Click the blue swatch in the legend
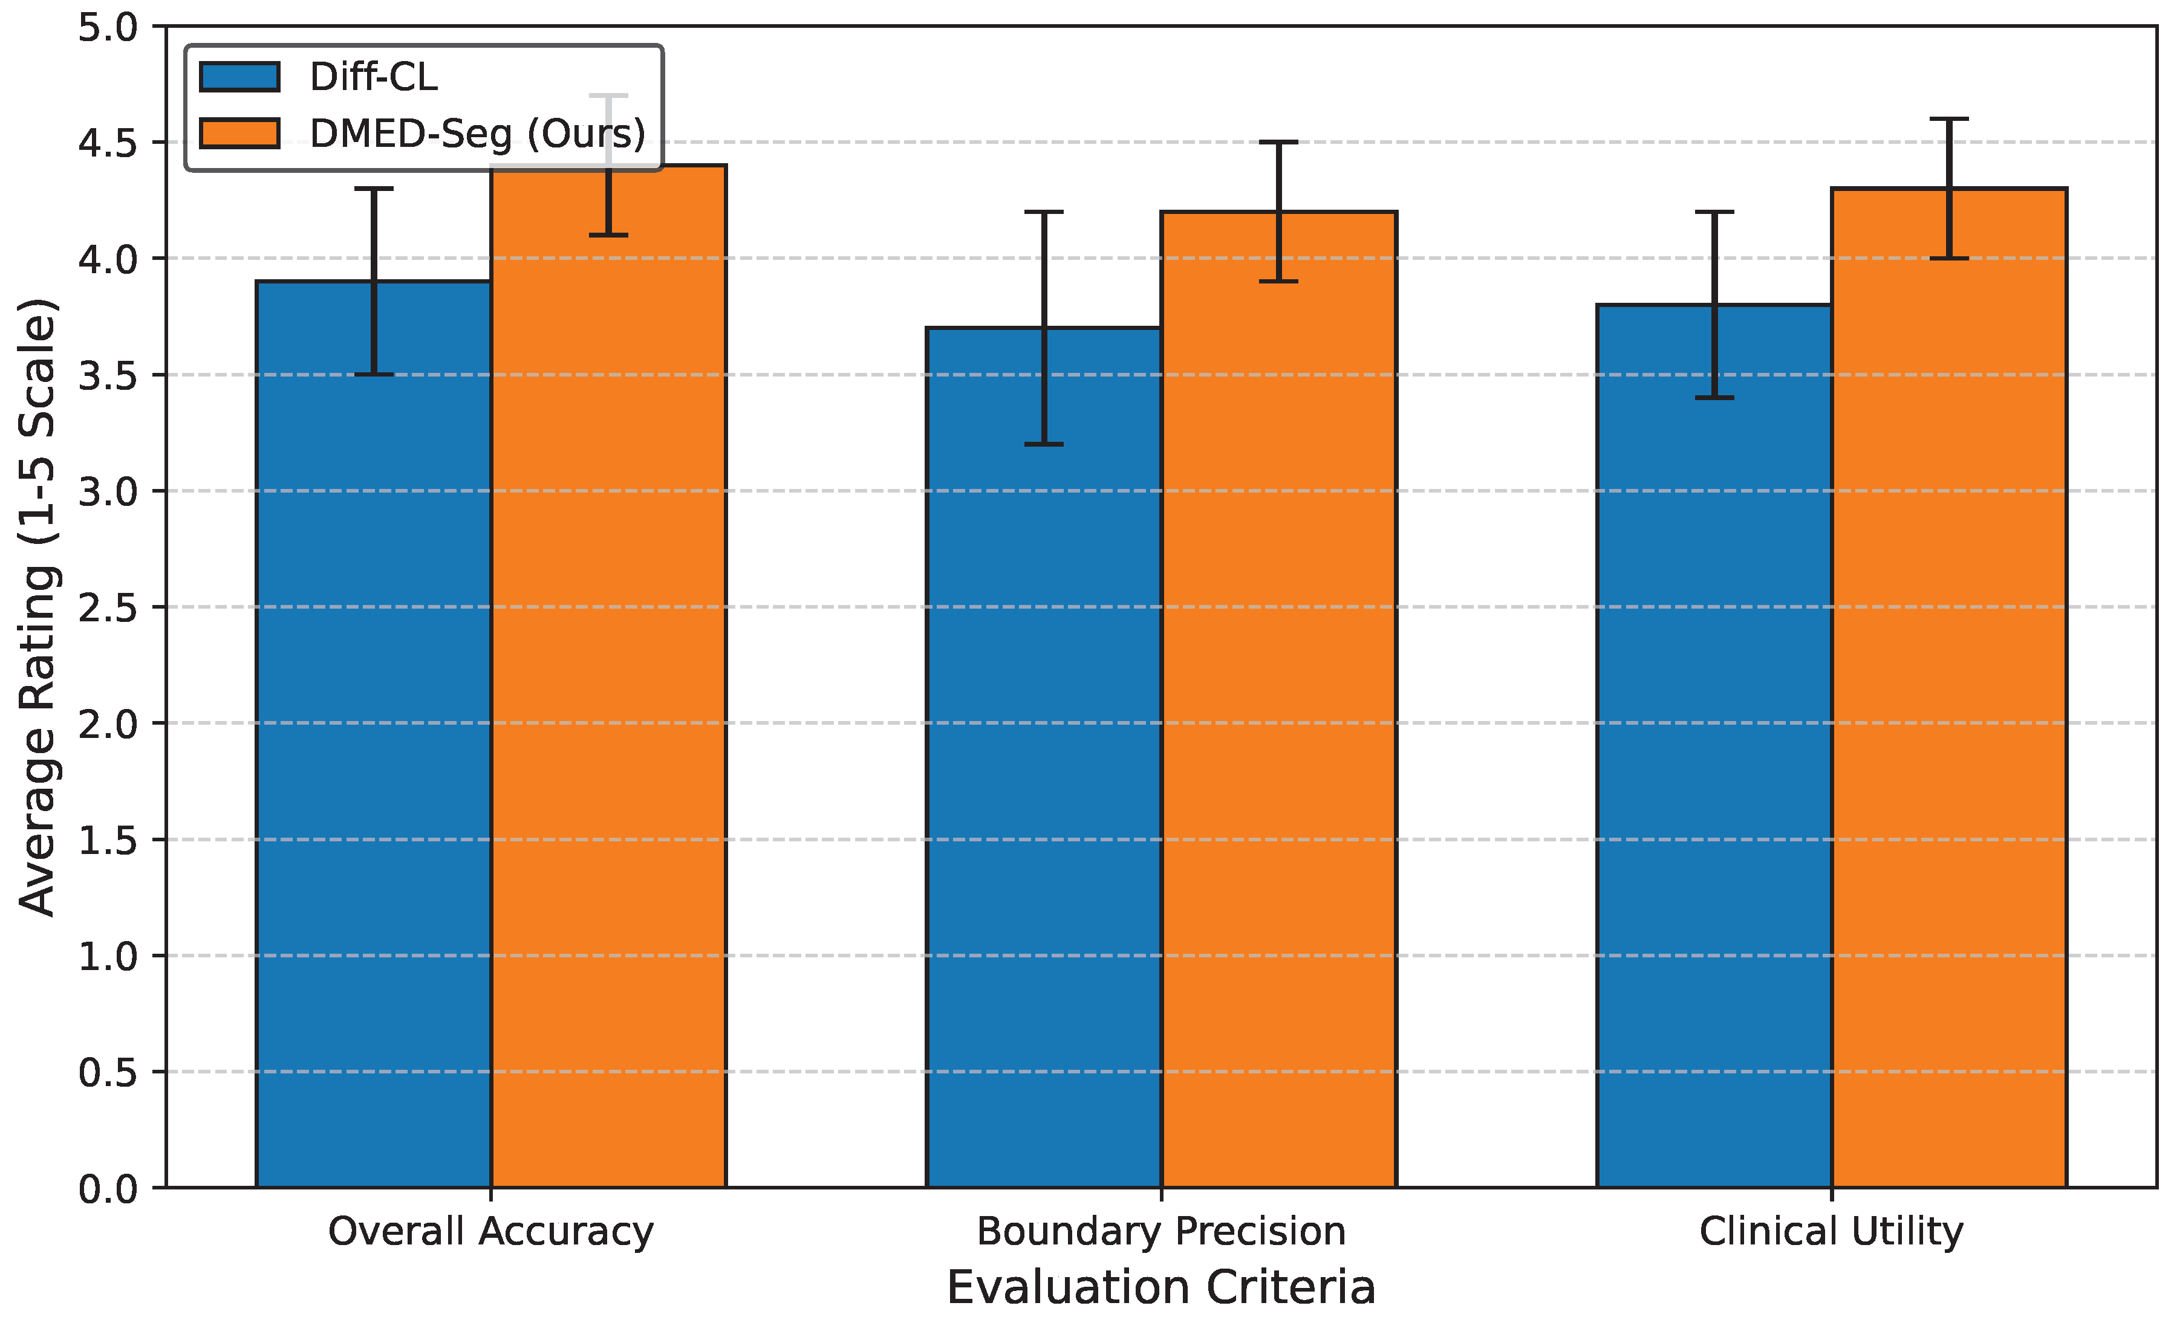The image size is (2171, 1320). tap(239, 77)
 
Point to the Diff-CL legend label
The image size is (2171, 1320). tap(374, 77)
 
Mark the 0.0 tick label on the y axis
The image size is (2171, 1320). tap(108, 1189)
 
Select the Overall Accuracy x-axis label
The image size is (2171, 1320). tap(491, 1231)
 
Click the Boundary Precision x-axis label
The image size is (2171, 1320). tap(1161, 1231)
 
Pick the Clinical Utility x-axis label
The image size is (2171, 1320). tap(1831, 1231)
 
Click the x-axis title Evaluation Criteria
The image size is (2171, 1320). tap(1161, 1287)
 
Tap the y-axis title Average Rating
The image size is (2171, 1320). tap(38, 607)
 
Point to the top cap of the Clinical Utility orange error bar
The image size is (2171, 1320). tap(1949, 119)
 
